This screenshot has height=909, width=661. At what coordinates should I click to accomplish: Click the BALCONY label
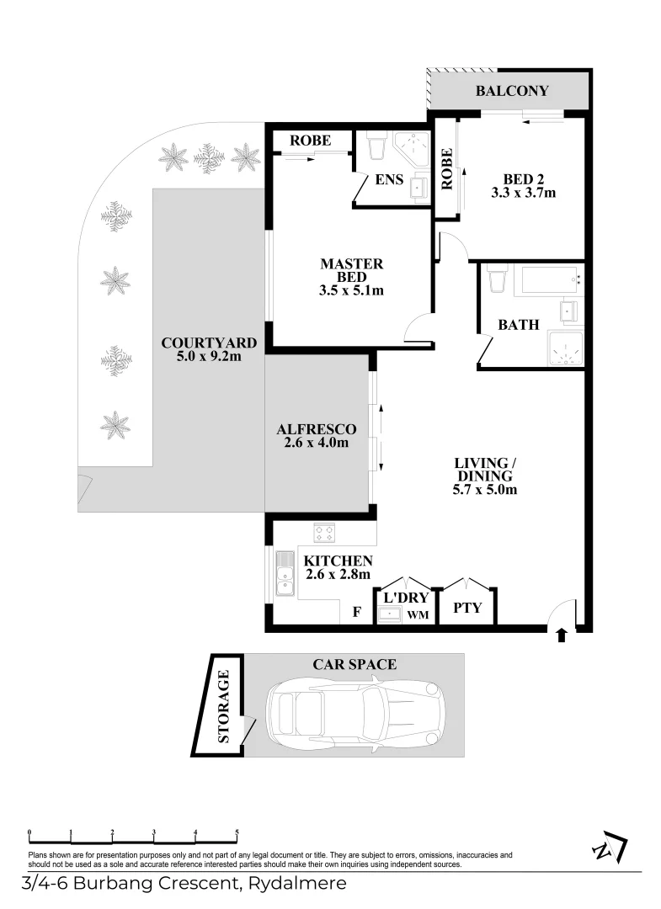click(512, 91)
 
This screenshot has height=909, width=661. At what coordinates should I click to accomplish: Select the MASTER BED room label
click(351, 271)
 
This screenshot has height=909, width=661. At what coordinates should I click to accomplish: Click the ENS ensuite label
click(389, 179)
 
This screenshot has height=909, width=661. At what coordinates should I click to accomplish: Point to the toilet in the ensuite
click(376, 146)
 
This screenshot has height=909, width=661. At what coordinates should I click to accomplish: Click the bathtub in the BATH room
click(548, 279)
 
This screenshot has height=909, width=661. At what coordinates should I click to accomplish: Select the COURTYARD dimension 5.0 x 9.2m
click(202, 357)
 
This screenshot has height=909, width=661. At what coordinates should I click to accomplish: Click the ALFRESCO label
click(317, 429)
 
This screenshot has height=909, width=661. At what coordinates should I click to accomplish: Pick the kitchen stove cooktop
click(324, 533)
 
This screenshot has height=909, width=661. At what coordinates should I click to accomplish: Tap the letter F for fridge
click(357, 612)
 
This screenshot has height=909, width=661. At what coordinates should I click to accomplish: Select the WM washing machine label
click(418, 616)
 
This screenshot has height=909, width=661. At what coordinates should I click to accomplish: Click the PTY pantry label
click(467, 607)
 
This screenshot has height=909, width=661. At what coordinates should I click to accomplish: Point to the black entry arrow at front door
click(562, 635)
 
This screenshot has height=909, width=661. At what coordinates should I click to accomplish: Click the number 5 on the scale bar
click(237, 832)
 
